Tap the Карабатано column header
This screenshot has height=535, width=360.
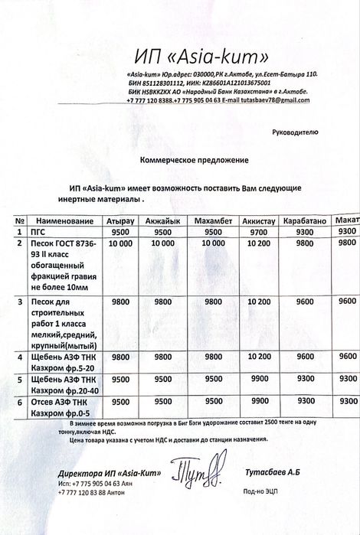(306, 220)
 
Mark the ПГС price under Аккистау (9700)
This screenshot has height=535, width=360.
(258, 232)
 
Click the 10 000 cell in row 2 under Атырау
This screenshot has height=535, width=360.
(119, 243)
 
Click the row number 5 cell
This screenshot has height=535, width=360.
(19, 378)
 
